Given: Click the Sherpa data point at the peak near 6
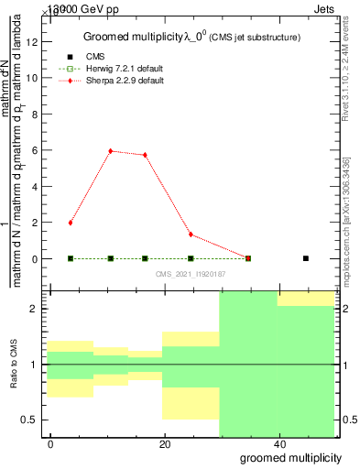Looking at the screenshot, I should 111,151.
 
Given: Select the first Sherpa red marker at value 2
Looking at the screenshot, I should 71,223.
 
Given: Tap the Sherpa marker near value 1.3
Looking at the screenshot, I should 191,234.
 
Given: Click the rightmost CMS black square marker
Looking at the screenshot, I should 306,258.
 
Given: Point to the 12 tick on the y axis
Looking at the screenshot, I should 33,42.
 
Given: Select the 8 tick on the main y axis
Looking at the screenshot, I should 35,115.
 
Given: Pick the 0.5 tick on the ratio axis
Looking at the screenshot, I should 31,420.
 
